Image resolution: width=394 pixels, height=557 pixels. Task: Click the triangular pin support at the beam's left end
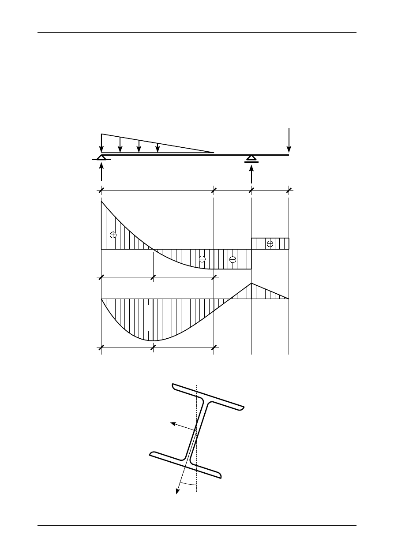101,157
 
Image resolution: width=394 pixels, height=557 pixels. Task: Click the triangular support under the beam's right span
251,158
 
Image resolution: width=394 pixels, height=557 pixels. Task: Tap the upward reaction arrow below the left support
101,172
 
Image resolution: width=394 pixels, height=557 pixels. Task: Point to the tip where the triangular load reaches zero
214,153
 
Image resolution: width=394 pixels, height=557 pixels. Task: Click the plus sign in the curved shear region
113,235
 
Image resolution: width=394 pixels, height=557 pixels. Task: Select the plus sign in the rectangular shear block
270,243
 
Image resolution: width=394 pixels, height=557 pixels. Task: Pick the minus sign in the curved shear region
202,259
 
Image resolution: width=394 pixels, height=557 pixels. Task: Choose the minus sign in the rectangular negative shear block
233,259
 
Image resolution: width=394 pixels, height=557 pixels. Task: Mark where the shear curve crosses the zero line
153,249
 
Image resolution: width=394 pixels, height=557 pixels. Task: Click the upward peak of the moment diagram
251,284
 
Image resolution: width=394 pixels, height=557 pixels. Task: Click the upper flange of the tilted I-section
207,396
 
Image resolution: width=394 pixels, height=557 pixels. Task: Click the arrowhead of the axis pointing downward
178,491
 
